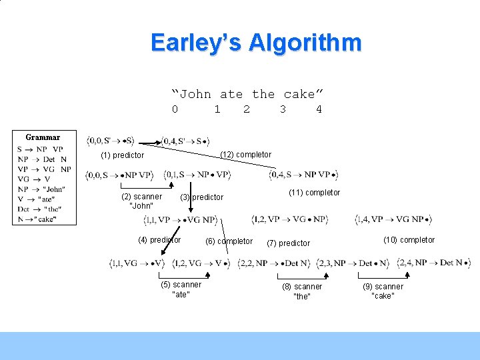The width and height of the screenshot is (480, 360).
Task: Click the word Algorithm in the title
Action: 305,43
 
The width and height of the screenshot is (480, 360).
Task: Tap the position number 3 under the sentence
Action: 283,109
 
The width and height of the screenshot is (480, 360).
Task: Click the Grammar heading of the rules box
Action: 43,137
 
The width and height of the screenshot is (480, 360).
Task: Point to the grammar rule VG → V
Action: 35,179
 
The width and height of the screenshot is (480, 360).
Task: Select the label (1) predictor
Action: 122,155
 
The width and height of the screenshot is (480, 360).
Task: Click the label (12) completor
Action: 246,155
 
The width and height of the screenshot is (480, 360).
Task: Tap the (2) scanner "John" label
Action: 141,201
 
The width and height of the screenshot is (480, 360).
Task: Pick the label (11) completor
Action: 314,193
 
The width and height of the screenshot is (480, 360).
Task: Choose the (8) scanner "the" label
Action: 302,291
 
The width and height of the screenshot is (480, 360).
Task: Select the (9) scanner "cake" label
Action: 383,291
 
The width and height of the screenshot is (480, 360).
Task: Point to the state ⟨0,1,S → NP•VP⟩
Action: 198,175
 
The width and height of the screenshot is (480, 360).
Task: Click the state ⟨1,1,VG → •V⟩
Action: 137,263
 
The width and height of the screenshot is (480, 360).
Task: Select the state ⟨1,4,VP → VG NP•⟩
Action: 393,219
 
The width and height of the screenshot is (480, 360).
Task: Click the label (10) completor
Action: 409,240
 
